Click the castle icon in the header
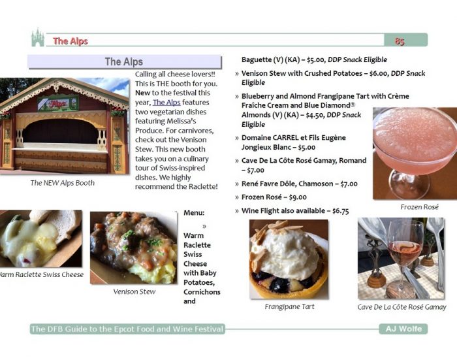point(38,37)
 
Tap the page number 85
point(400,41)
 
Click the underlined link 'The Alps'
point(166,103)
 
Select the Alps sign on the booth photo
point(58,103)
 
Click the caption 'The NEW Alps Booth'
point(63,183)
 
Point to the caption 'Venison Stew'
point(134,291)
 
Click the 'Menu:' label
point(194,213)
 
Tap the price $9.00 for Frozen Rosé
point(298,197)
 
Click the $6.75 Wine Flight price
point(340,211)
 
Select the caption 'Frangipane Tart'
point(289,306)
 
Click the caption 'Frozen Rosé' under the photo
point(419,207)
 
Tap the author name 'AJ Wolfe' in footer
point(403,329)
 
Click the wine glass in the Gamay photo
point(405,257)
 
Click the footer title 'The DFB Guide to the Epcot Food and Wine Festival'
point(127,329)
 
